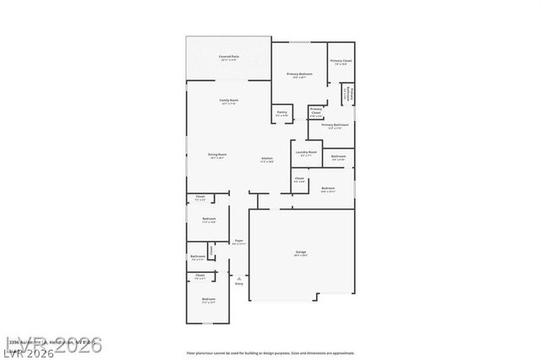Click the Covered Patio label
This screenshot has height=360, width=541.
pos(229,56)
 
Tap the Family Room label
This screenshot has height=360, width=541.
pos(229,101)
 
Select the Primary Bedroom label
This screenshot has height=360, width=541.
pos(299,74)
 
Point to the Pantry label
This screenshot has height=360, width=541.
pos(281,112)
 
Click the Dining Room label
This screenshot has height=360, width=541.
pos(217,154)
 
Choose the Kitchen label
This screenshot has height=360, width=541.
pos(267,158)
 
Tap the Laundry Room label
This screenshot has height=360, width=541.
pos(306,152)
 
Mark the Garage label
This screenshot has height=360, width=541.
pos(300,252)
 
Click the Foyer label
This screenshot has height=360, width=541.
pos(239,241)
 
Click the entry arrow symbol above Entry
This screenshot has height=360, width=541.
pos(239,276)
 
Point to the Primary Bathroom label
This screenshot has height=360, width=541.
pos(335,124)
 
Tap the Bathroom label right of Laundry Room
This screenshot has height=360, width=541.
pos(338,156)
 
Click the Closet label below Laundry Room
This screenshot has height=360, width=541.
pos(299,178)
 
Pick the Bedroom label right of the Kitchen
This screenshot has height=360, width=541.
pos(328,188)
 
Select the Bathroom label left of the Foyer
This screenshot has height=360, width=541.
pos(197,256)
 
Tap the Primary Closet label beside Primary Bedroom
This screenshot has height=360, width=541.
pos(341,61)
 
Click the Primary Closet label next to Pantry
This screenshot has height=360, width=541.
pos(316,110)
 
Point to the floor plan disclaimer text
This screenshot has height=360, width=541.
pos(270,352)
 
